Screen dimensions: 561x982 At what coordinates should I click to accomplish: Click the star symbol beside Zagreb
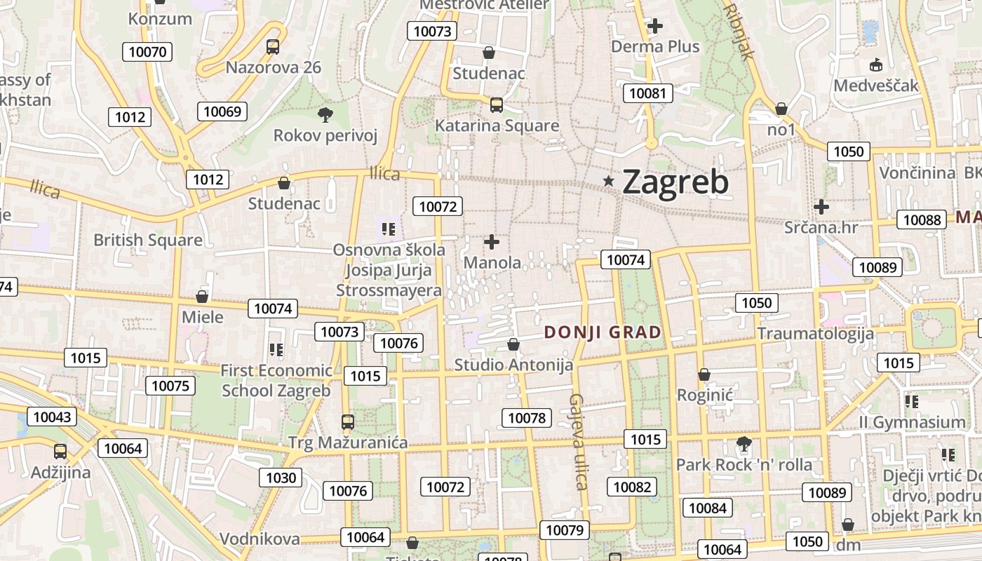pos(609,182)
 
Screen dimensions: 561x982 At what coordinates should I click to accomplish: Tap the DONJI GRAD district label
pos(603,332)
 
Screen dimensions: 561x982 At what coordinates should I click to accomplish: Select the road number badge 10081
pos(649,93)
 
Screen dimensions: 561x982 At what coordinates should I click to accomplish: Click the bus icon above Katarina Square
pos(497,105)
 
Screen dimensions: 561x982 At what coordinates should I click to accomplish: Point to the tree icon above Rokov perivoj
pos(325,114)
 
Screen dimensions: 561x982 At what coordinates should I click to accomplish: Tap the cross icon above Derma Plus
pos(655,26)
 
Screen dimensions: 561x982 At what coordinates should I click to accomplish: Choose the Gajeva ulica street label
pos(577,441)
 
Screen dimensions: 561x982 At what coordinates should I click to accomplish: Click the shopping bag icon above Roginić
pos(704,375)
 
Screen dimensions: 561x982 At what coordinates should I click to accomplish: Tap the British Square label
pos(148,240)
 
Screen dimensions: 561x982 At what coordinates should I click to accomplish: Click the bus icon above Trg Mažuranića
pos(348,422)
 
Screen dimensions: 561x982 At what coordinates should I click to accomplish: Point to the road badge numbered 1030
pos(281,478)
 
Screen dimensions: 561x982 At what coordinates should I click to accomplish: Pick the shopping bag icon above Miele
pos(202,297)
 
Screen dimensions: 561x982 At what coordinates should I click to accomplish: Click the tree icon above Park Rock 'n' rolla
pos(744,444)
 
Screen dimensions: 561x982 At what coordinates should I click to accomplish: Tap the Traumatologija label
pos(816,333)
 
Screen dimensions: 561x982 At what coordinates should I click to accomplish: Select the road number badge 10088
pos(922,219)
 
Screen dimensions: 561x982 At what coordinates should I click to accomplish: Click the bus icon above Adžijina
pos(60,452)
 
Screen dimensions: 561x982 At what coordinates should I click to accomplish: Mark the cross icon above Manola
pos(492,243)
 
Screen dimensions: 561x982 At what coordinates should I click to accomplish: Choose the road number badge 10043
pos(52,417)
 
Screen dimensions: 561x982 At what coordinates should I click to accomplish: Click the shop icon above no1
pos(781,109)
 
